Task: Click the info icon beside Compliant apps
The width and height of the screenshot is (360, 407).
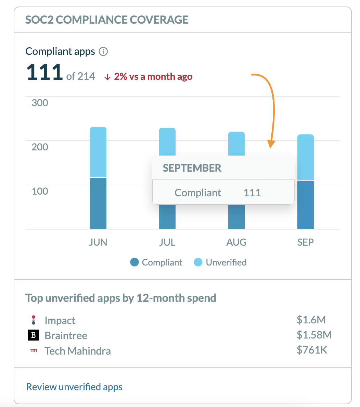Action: point(103,52)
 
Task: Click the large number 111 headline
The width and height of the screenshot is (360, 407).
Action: point(44,72)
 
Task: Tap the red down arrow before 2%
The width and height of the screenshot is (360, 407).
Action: point(107,77)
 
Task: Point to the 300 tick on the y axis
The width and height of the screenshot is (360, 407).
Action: point(40,103)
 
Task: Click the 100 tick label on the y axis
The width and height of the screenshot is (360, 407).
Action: point(40,191)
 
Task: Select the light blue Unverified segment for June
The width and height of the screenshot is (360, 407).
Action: point(98,151)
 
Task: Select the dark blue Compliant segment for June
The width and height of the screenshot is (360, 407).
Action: point(98,203)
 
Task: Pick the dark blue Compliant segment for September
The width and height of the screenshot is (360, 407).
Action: point(306,205)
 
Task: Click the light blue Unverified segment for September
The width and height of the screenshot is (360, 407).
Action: point(306,157)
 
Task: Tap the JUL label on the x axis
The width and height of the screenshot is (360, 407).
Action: point(167,243)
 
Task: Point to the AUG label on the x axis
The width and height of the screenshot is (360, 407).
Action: point(236,243)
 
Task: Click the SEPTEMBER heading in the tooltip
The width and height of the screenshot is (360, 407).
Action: point(192,168)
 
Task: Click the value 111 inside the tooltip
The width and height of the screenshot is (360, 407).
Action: point(252,193)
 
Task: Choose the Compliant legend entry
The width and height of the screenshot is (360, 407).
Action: point(156,262)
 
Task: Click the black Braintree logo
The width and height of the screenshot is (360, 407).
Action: point(33,335)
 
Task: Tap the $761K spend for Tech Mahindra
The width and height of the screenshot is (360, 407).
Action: point(312,350)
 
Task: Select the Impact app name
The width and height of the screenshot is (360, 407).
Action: point(60,321)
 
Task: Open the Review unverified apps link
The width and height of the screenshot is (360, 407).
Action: point(74,387)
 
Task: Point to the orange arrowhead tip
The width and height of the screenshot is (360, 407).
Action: point(270,148)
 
